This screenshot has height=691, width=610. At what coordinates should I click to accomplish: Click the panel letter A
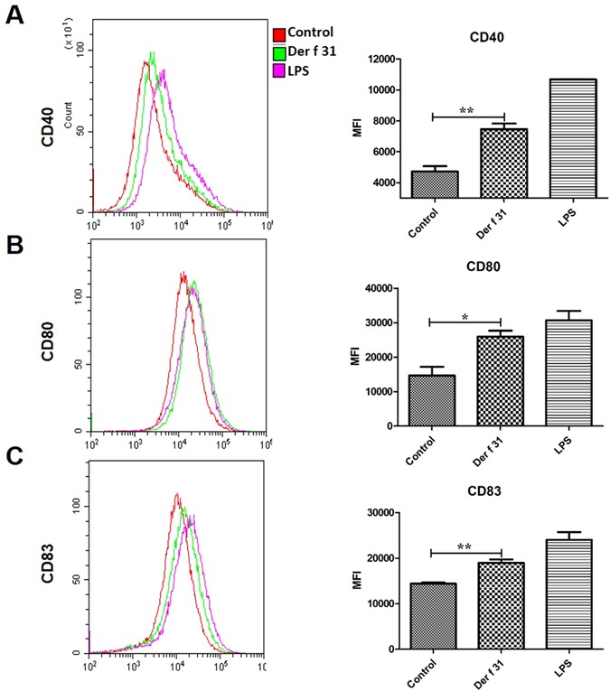pos(15,15)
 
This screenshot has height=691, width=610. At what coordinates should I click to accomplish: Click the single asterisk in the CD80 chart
pos(465,316)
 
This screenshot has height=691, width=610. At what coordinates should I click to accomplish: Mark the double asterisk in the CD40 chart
pos(466,111)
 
